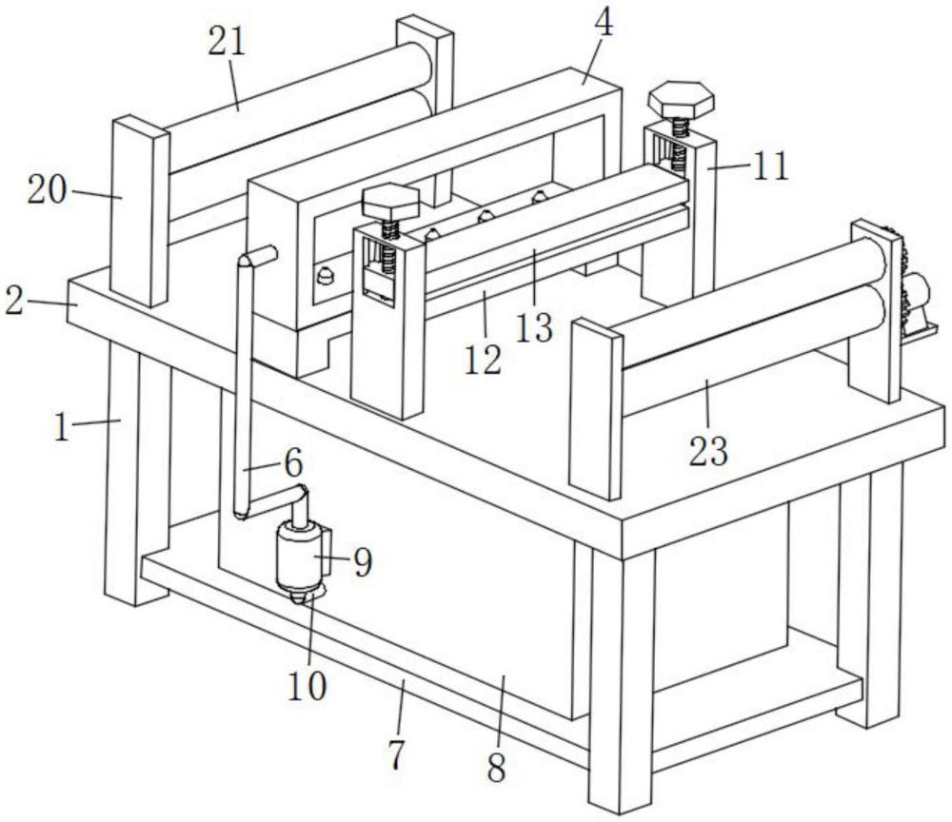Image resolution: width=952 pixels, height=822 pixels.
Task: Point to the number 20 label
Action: pyautogui.click(x=47, y=191)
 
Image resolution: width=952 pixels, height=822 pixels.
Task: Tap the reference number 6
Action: pyautogui.click(x=292, y=463)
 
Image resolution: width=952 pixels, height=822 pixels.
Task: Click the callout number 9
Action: pyautogui.click(x=361, y=562)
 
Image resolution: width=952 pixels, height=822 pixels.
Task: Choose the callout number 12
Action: pyautogui.click(x=484, y=361)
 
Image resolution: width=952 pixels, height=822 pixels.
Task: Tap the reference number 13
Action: pyautogui.click(x=536, y=326)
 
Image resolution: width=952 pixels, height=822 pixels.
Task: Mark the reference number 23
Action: pyautogui.click(x=708, y=450)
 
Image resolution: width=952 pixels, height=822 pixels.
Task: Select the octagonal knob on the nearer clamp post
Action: pyautogui.click(x=390, y=202)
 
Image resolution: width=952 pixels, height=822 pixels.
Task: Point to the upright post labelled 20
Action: pyautogui.click(x=139, y=214)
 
